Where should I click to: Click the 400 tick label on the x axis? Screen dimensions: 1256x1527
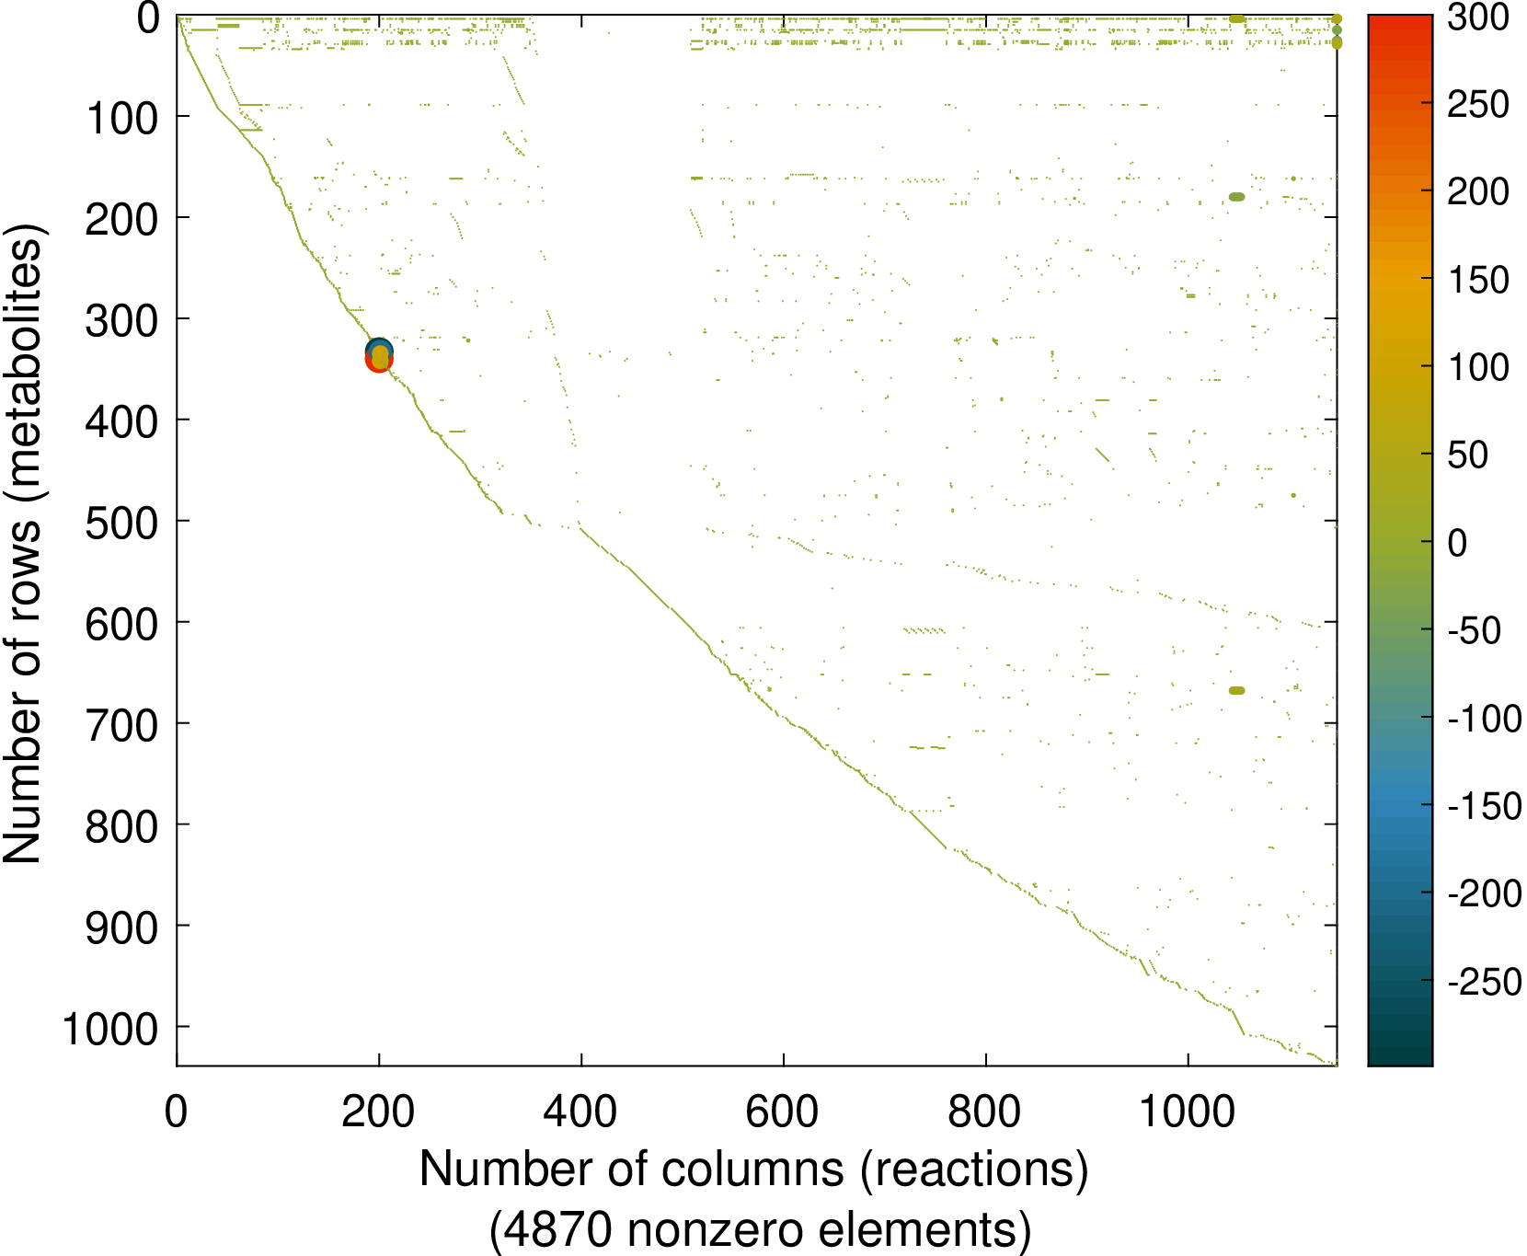580,1112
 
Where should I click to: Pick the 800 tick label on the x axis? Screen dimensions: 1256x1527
985,1112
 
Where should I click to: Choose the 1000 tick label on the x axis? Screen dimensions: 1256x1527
1187,1112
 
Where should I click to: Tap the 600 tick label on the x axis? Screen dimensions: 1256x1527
783,1112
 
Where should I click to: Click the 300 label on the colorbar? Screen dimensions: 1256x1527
1478,17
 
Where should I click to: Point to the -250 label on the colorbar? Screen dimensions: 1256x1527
1485,982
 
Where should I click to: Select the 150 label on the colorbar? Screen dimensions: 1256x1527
1478,280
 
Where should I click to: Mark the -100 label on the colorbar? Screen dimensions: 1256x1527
1485,719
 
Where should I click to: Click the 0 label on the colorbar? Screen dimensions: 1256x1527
1458,543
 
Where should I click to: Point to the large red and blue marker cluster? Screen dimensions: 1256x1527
379,355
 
